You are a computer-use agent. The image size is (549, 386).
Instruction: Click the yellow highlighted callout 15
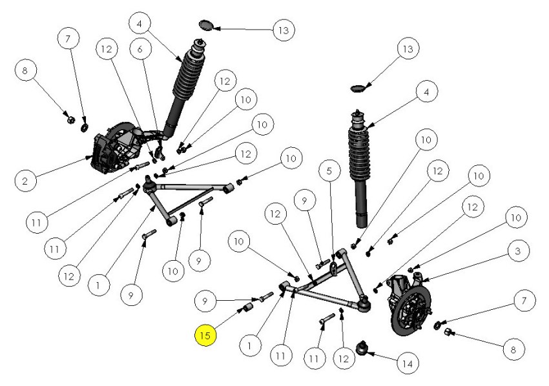pos(205,336)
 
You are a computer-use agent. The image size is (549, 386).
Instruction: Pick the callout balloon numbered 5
pos(329,172)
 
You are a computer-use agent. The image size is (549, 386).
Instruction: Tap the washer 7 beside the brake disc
pos(438,323)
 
